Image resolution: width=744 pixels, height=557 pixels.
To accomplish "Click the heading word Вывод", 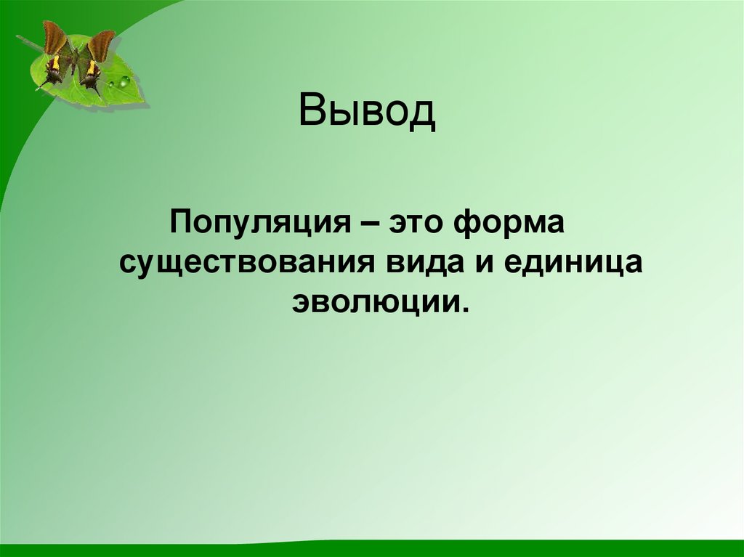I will pyautogui.click(x=367, y=111).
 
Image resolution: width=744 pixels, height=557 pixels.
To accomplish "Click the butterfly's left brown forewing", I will pyautogui.click(x=55, y=38).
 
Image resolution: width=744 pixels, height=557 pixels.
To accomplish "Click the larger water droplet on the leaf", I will pyautogui.click(x=124, y=81).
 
